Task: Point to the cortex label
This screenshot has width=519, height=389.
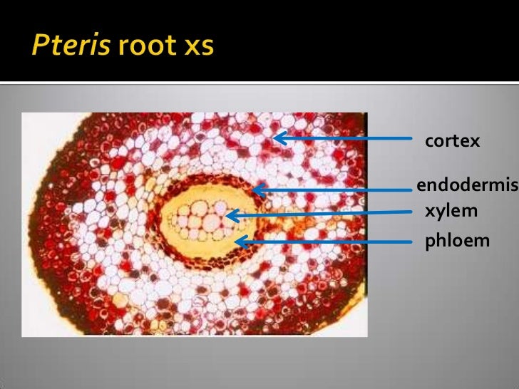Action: click(452, 141)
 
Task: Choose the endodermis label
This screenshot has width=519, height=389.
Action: click(466, 187)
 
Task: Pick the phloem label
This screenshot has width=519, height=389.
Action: click(457, 241)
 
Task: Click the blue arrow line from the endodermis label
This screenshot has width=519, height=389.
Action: click(335, 190)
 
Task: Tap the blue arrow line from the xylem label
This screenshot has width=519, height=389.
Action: click(321, 213)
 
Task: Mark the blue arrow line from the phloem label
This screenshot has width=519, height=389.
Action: click(328, 242)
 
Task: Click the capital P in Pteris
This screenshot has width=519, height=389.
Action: click(38, 46)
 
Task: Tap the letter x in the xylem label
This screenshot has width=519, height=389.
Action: click(430, 211)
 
